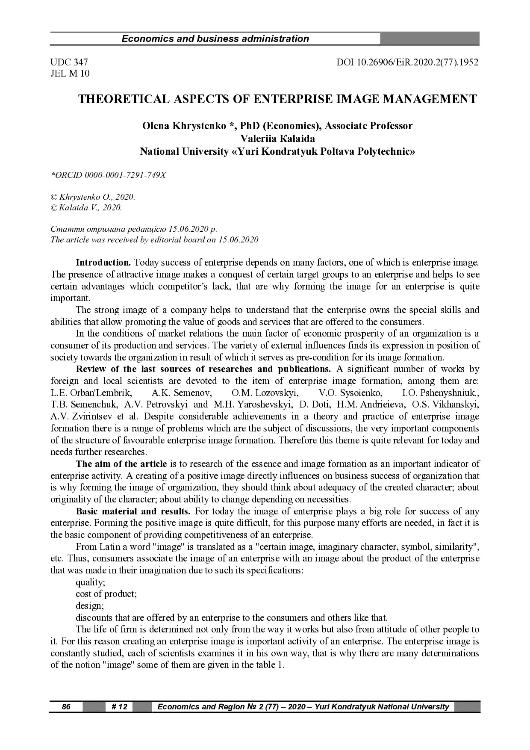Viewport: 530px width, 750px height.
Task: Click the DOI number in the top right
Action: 407,62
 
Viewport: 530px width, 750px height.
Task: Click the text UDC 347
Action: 69,62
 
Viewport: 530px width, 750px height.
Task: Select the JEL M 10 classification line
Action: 70,74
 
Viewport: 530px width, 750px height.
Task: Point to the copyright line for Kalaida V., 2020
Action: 87,208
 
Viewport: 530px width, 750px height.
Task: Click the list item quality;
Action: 90,582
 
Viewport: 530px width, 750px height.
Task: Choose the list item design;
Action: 90,606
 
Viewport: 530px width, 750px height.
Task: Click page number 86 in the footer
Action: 66,707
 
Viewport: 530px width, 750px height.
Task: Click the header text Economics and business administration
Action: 215,39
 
